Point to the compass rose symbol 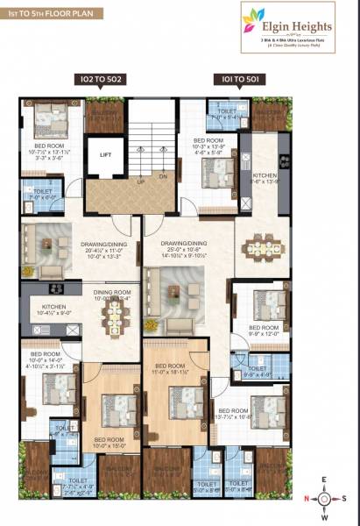pos(324,499)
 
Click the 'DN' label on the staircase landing pos(164,176)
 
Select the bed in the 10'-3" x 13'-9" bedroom pos(213,171)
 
